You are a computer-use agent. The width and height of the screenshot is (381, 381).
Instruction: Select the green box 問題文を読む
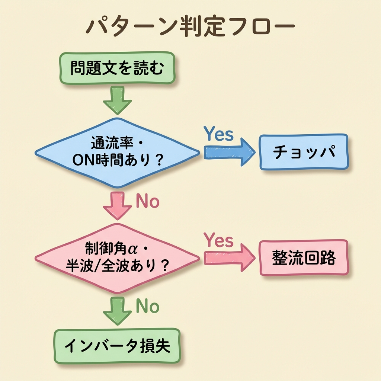tap(117, 68)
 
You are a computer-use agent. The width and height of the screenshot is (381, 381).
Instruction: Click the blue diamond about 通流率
tap(117, 152)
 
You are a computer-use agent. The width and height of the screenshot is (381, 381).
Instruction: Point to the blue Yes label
tap(219, 134)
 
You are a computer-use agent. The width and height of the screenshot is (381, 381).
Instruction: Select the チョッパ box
tap(304, 152)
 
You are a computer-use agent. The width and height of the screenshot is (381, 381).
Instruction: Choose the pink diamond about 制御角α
tap(117, 257)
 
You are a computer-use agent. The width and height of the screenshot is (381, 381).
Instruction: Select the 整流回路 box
tap(304, 258)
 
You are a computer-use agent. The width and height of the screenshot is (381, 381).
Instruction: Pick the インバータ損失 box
tap(117, 346)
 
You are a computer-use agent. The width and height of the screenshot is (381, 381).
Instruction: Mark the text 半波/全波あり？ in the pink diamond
tap(117, 266)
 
